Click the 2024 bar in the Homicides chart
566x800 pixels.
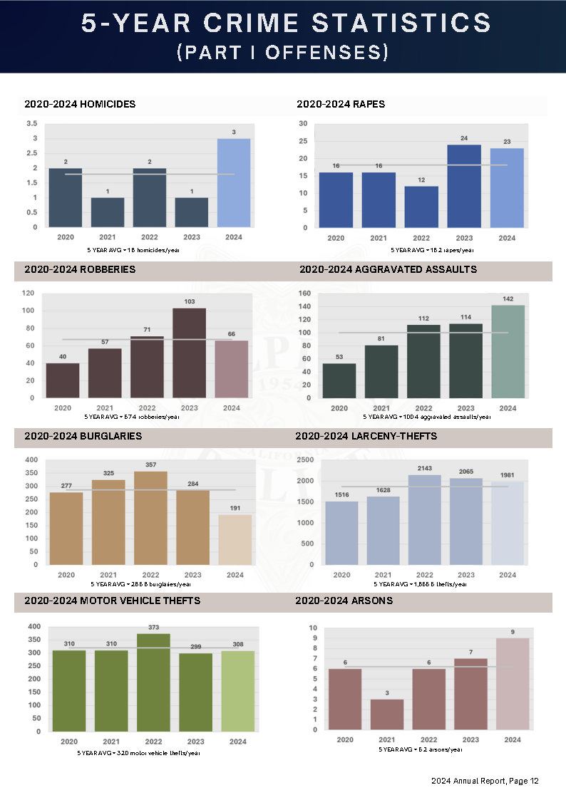234,183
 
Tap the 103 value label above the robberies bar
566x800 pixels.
189,302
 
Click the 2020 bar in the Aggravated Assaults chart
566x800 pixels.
339,380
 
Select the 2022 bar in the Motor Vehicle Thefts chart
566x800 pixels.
153,682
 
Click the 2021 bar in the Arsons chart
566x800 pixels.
387,715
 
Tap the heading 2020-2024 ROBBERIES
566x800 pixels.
80,270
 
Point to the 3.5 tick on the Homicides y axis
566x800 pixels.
31,123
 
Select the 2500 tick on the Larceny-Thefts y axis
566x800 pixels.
305,460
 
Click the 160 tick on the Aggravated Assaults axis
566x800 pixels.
305,293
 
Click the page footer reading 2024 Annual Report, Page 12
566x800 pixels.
485,781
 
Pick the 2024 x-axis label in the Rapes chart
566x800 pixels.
507,238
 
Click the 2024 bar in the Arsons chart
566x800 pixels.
513,684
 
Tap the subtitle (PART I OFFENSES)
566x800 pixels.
283,53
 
